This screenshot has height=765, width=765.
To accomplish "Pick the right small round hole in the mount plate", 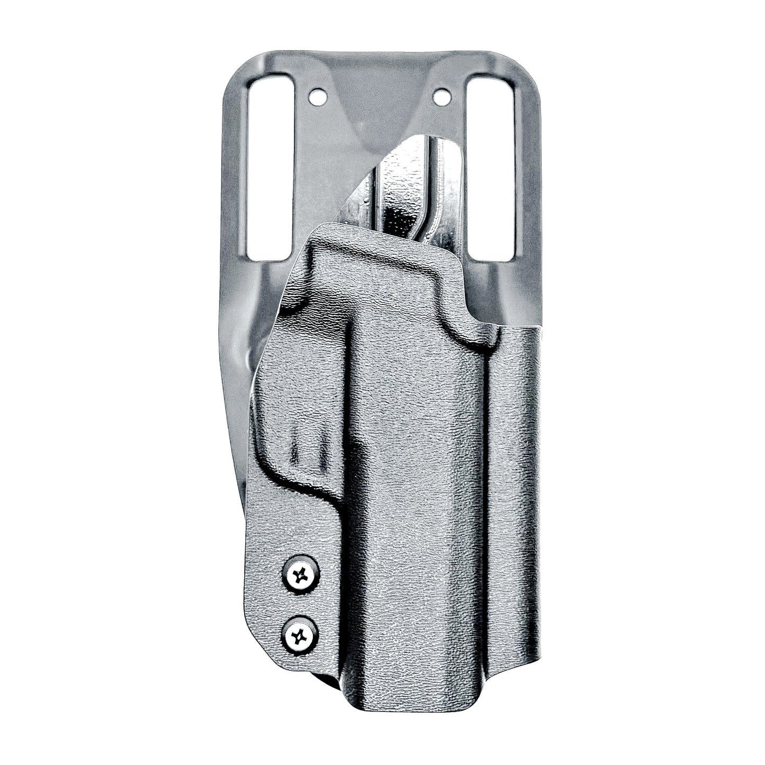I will [x=440, y=97].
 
